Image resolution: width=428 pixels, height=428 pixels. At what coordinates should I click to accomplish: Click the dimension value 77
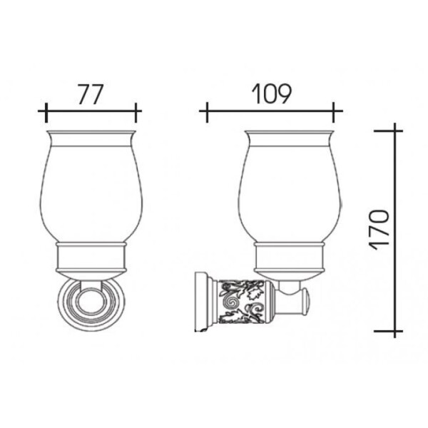tap(91, 94)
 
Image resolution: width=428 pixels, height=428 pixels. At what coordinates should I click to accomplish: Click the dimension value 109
tap(271, 94)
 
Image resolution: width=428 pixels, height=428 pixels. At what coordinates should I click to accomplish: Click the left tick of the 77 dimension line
tap(46, 113)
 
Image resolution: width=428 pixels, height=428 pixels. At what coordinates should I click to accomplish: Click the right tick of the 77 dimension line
tap(136, 113)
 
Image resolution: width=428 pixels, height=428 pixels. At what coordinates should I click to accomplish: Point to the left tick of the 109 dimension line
tap(207, 113)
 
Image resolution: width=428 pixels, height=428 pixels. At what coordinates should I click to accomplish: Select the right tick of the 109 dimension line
tap(333, 113)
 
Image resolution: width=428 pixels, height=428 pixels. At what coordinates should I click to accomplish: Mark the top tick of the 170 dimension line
tap(389, 131)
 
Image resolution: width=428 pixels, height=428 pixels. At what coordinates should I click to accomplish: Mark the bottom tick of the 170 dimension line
tap(389, 331)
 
